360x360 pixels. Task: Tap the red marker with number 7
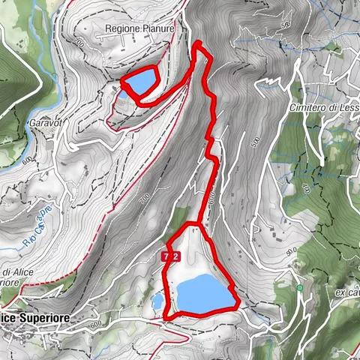pyautogui.click(x=164, y=256)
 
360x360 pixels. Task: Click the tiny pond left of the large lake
pyautogui.click(x=157, y=301)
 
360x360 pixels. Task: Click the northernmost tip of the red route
pyautogui.click(x=198, y=44)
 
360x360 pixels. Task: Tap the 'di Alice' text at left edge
pyautogui.click(x=14, y=272)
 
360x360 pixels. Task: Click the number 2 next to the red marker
pyautogui.click(x=175, y=256)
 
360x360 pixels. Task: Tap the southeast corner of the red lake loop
pyautogui.click(x=237, y=304)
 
